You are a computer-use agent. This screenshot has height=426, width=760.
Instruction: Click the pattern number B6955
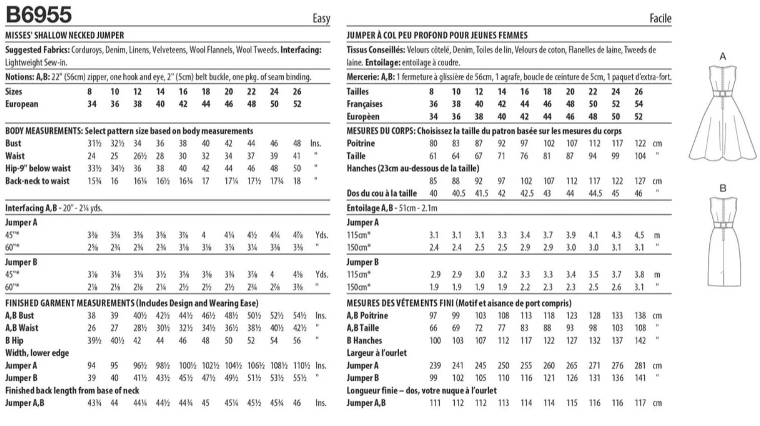click(39, 15)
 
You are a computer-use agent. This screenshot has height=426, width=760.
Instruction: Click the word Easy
click(321, 19)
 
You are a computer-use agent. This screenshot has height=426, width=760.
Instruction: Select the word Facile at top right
click(660, 19)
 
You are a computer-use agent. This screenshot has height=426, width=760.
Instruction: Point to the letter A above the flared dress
click(723, 57)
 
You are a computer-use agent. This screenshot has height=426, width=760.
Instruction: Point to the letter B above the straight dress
click(723, 189)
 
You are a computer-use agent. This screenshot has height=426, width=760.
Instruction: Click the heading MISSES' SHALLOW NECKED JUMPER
click(65, 35)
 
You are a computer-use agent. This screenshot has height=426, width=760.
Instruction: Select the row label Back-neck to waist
click(37, 181)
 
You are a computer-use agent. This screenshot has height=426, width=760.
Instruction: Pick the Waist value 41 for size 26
click(297, 156)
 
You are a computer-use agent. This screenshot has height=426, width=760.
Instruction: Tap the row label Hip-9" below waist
click(38, 168)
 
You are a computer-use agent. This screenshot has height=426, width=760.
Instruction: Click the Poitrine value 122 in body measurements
click(640, 144)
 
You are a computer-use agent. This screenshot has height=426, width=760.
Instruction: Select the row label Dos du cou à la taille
click(382, 193)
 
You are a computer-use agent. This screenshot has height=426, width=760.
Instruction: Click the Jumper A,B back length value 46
click(297, 403)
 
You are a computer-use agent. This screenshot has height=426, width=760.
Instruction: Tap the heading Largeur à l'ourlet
click(376, 353)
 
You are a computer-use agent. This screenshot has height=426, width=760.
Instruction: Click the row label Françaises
click(364, 104)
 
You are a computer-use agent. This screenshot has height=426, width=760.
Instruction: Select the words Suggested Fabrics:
click(37, 50)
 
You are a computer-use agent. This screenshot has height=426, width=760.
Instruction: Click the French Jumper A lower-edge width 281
click(640, 366)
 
